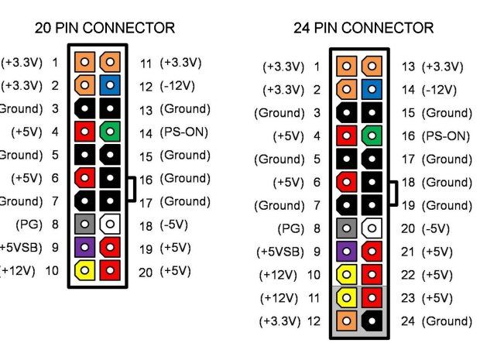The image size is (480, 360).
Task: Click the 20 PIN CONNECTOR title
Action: tap(105, 28)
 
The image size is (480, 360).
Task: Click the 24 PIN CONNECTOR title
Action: tap(364, 28)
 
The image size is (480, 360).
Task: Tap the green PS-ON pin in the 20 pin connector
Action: tap(111, 132)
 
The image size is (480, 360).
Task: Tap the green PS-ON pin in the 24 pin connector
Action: tap(372, 136)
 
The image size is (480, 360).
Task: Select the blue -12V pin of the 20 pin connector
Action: tap(111, 85)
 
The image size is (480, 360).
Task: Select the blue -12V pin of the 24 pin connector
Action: tap(372, 90)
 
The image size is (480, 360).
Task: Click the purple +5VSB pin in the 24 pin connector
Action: tap(348, 252)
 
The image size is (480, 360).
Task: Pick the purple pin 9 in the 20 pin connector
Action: tap(86, 248)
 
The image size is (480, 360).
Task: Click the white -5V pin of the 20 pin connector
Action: tap(111, 225)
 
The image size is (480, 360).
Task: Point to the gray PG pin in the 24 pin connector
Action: tap(348, 229)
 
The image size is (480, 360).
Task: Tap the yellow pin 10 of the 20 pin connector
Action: tap(86, 271)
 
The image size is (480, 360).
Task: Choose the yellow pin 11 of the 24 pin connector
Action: tap(348, 298)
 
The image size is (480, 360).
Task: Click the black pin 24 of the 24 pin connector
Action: tap(372, 321)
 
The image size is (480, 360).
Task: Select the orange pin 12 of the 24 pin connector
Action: tap(348, 321)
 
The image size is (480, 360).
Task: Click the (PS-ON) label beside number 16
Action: tap(446, 136)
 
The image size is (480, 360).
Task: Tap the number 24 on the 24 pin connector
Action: tap(409, 321)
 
